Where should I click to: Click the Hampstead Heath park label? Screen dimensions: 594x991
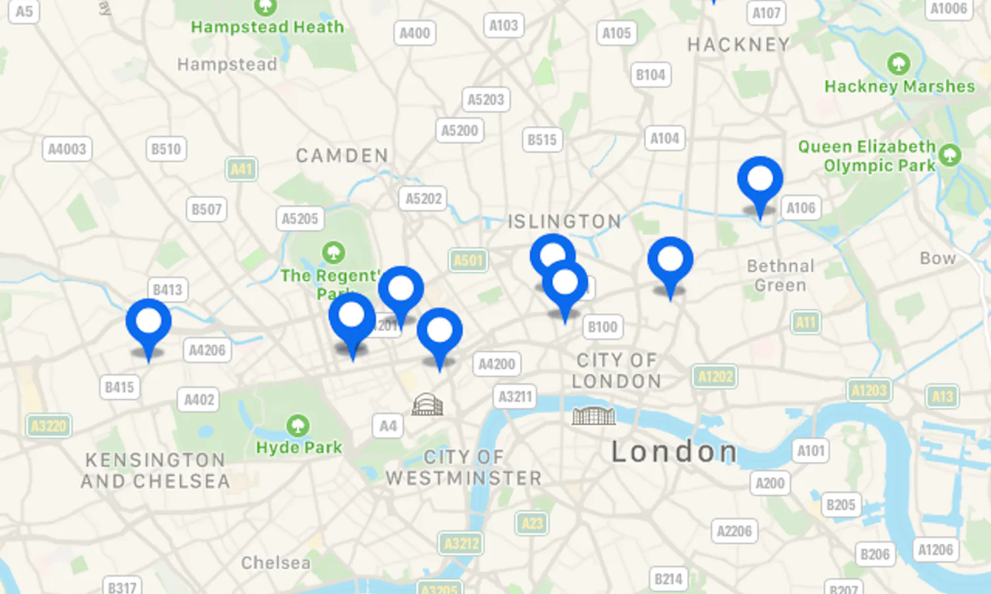tap(268, 27)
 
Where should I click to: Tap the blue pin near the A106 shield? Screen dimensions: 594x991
tap(760, 180)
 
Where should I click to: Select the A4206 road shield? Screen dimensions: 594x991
tap(207, 350)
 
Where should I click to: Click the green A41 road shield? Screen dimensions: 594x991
tap(241, 169)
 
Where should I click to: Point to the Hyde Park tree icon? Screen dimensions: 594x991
tap(298, 426)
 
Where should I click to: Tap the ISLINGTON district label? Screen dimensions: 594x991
tap(564, 221)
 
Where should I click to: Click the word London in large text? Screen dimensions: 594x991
tap(674, 452)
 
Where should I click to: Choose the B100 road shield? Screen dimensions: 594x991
tap(603, 327)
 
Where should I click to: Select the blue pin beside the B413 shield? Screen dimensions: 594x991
tap(149, 322)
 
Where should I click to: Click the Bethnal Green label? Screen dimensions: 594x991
tap(780, 275)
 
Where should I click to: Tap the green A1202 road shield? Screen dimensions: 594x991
tap(716, 376)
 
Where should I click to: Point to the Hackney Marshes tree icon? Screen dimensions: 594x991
tap(898, 64)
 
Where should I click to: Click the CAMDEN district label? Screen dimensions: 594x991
tap(342, 156)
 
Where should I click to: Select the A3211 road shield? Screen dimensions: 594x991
tap(515, 397)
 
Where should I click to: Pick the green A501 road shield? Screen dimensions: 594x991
tap(468, 260)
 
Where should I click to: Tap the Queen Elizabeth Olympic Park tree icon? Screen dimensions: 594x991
tap(949, 155)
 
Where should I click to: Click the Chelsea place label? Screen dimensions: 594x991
tap(275, 563)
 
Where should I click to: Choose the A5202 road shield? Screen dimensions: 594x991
tap(423, 198)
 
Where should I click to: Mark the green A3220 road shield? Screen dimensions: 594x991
tap(49, 426)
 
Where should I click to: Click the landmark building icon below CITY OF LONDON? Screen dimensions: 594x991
tap(593, 415)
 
